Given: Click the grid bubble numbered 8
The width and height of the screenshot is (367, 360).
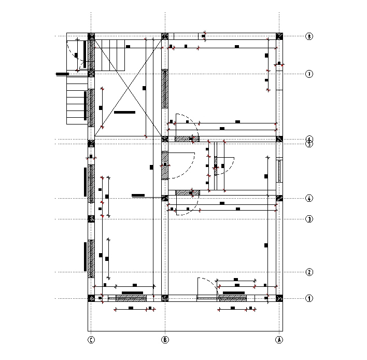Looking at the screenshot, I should point(309,37).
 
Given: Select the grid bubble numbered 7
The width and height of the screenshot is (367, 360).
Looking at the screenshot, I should point(309,74).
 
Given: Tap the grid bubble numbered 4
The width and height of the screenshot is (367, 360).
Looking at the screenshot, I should point(309,199).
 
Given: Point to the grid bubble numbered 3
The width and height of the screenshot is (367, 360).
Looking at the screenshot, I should point(309,219).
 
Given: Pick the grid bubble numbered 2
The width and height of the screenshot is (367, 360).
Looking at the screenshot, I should point(309,272).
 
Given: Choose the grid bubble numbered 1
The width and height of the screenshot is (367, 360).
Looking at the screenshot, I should point(309,298).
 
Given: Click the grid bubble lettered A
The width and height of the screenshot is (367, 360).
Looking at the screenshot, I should point(279,340).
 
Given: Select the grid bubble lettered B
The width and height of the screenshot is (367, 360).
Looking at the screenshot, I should point(165,340).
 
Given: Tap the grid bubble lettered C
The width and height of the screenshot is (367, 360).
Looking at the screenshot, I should point(91,340).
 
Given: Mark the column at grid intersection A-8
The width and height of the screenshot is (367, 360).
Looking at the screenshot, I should point(279,36).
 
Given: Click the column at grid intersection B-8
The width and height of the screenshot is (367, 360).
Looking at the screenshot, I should point(165,36).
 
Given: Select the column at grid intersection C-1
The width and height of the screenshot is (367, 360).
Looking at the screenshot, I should point(91,298).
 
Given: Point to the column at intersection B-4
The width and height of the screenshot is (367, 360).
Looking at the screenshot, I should point(165,198).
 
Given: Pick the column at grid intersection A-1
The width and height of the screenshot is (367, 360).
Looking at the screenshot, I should point(279,298).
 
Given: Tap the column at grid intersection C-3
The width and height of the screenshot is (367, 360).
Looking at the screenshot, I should point(91,219).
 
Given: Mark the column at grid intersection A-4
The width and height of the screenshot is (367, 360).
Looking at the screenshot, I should point(279,198).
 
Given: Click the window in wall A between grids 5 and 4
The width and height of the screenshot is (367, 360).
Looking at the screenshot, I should point(279,171).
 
